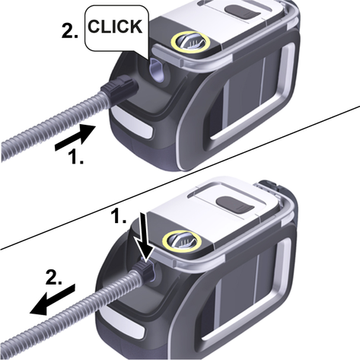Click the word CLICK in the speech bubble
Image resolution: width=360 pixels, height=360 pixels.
click(x=115, y=27)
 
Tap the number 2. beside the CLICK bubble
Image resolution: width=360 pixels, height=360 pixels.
click(x=70, y=32)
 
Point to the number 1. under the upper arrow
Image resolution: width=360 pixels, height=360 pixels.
click(x=76, y=156)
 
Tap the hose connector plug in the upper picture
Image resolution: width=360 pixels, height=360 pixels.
click(x=119, y=89)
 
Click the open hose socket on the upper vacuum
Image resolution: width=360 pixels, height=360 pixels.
click(x=158, y=71)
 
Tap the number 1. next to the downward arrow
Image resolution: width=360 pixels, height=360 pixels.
click(x=119, y=216)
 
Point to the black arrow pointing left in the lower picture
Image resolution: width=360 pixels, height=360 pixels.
click(x=53, y=300)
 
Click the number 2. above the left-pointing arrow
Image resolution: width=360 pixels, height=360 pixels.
click(x=53, y=277)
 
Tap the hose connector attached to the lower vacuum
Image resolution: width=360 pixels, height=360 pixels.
click(x=143, y=272)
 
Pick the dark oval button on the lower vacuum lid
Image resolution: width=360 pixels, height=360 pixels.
click(x=235, y=205)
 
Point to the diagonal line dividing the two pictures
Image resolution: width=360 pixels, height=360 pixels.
click(x=180, y=177)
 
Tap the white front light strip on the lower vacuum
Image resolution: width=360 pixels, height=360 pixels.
click(x=123, y=322)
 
